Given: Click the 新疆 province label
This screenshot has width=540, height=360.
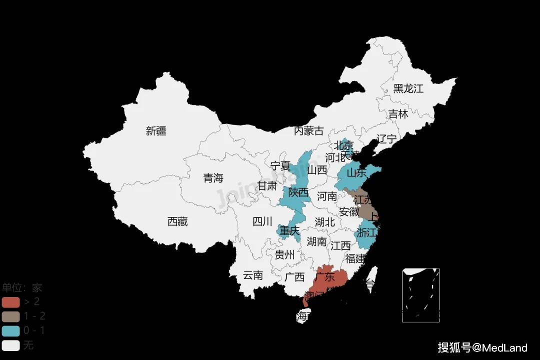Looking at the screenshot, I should pos(156,131).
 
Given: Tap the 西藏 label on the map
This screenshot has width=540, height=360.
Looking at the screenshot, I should pos(177,221).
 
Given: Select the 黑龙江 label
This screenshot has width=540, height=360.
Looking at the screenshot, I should pos(408,89).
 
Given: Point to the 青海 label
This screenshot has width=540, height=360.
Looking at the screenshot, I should pos(213,178).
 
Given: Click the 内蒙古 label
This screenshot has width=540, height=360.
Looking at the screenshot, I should pos(308,131).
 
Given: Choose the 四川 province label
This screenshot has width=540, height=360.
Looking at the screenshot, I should pos(262,221).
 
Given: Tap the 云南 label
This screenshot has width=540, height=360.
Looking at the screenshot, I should pos(253,275).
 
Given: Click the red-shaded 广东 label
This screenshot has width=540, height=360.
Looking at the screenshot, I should pos(326,276).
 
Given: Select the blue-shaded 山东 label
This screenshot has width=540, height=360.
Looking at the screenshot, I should pos(356,173).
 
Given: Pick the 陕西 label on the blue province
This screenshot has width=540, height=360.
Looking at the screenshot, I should pos(298,192).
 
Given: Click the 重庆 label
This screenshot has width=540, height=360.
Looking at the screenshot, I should pos(289,231).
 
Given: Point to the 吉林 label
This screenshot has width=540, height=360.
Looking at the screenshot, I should pos(398,114).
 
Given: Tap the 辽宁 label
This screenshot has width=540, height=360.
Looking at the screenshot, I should pos(386,139).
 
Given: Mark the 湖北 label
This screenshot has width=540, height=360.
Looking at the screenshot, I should pos(325,222).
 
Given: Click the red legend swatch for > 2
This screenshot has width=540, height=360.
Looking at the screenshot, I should pos(10,302).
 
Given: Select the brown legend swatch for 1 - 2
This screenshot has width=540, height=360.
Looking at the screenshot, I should pos(10,316).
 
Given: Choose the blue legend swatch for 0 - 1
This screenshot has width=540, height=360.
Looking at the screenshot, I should pos(10,331).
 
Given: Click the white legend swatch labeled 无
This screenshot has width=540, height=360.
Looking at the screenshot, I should pos(10,345).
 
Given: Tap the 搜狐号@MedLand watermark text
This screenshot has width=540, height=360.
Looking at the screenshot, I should pos(482,347).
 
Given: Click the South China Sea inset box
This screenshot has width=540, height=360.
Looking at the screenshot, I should pos(420,295).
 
